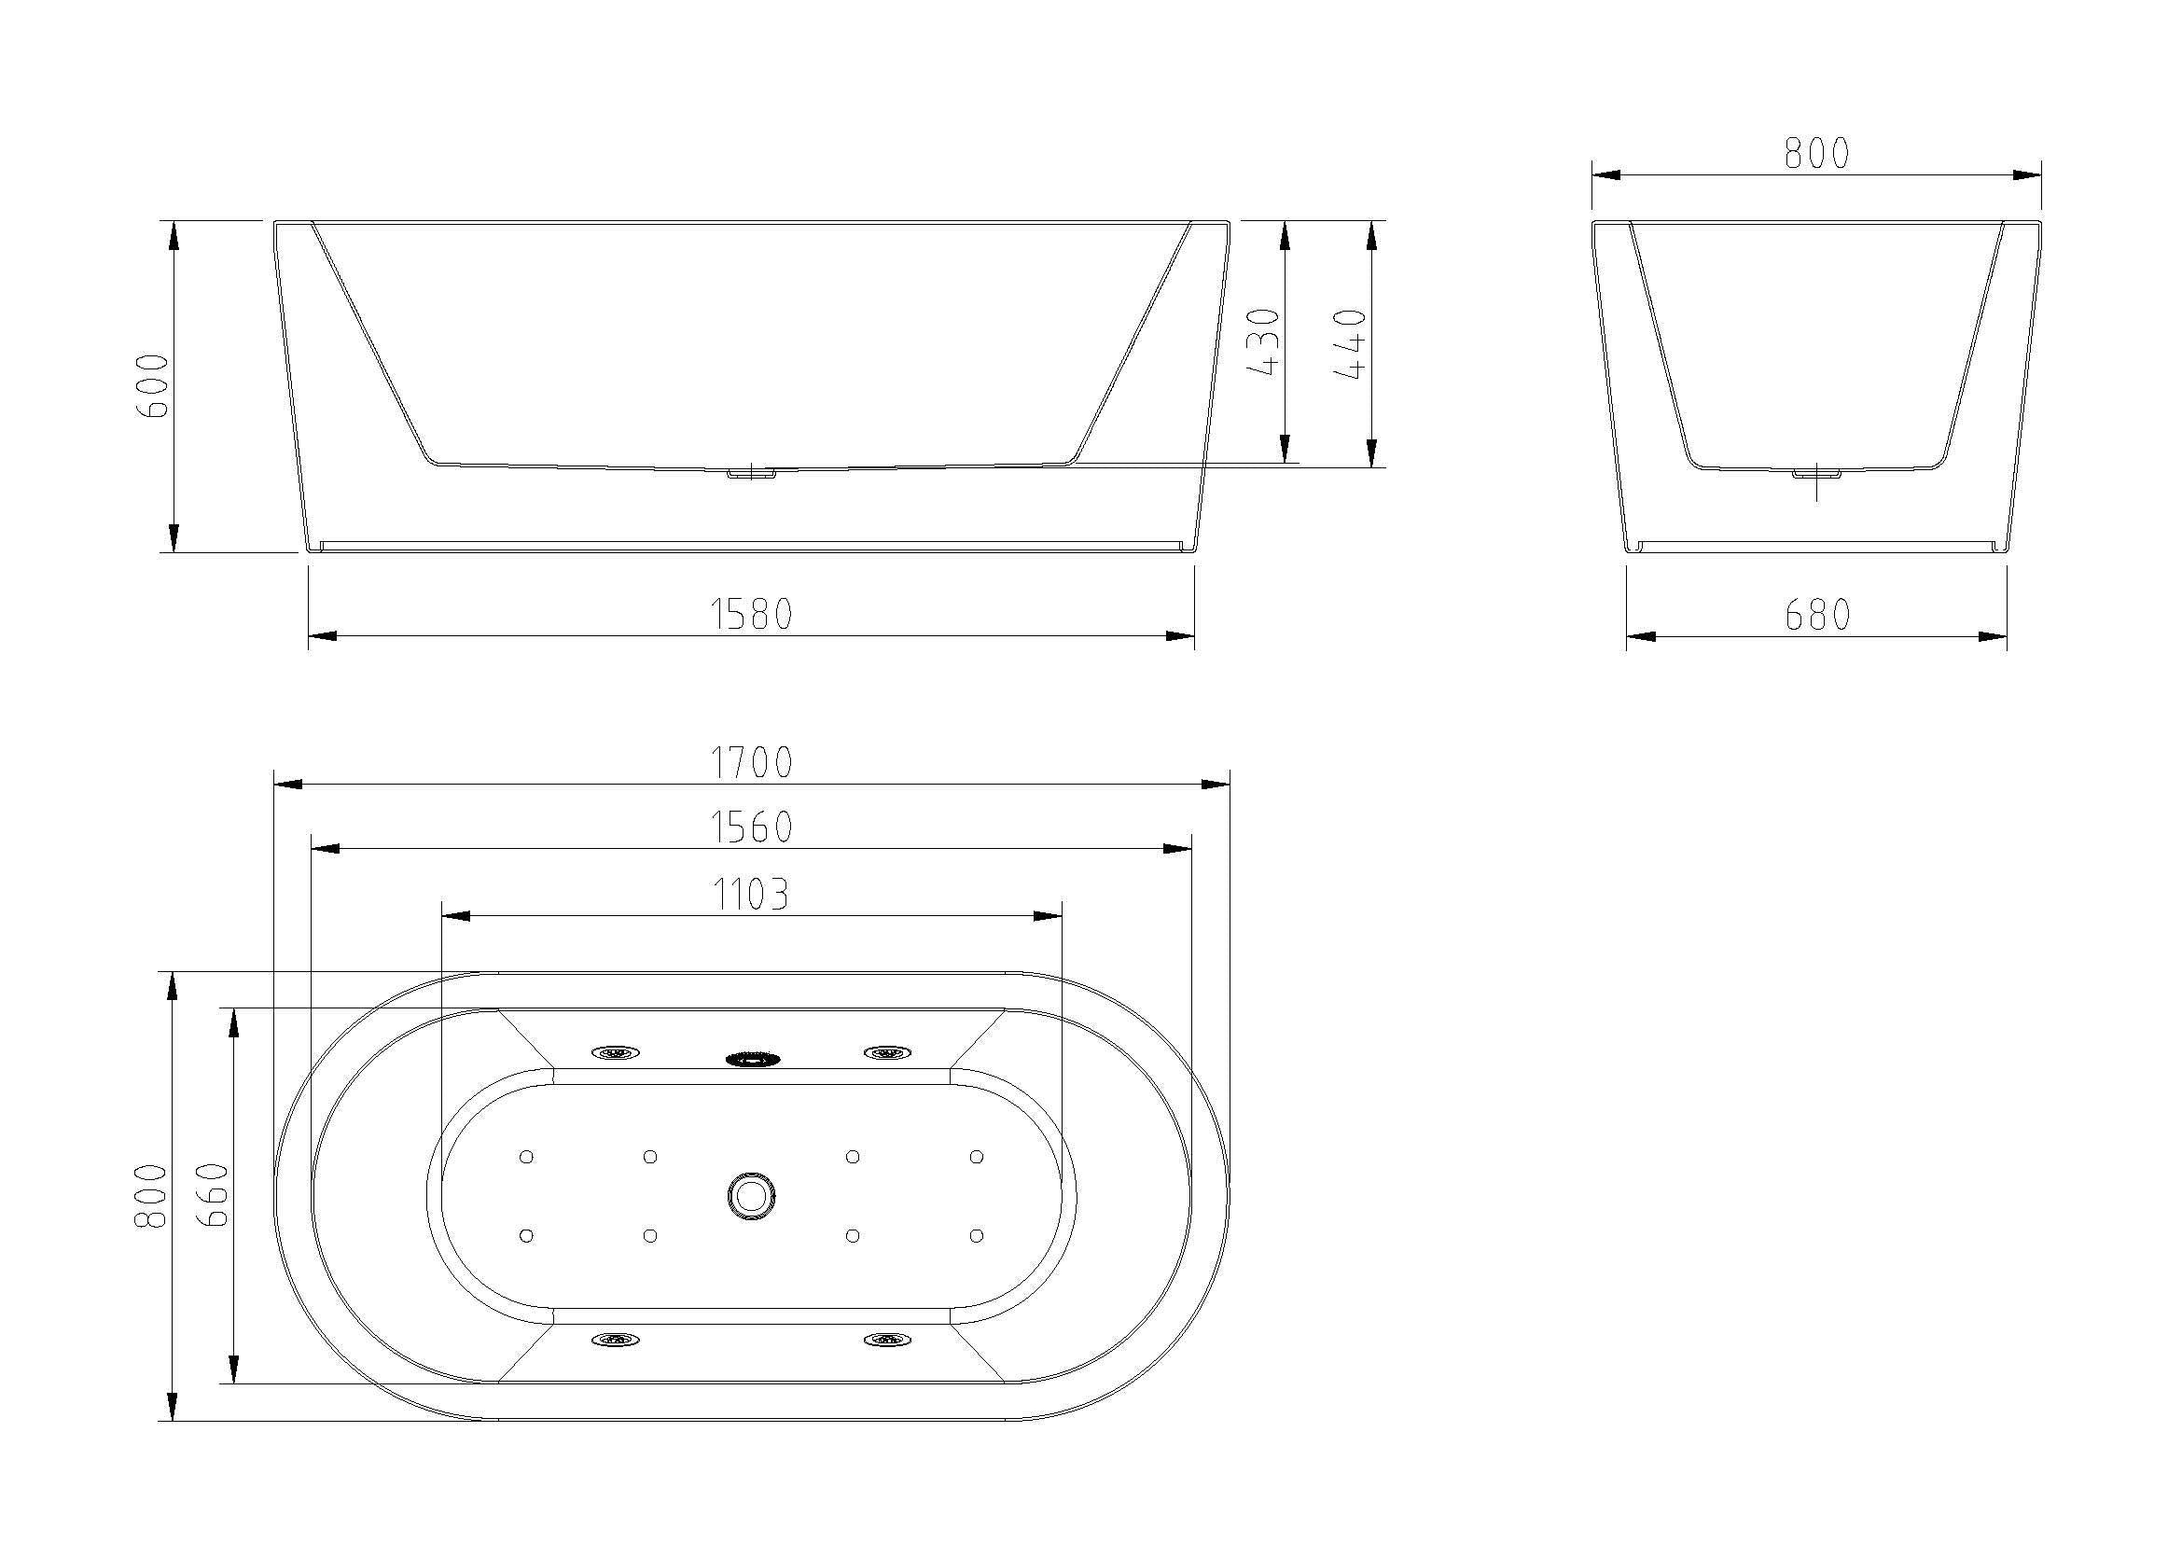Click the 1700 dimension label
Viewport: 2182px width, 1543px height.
[752, 762]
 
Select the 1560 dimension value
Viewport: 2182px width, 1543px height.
[752, 827]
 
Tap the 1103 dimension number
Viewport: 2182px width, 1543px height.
[752, 894]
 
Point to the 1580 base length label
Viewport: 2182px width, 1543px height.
[752, 615]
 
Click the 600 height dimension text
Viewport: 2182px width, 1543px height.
[153, 386]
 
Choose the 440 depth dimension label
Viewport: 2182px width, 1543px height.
[1351, 344]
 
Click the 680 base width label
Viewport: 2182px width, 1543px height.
[1817, 616]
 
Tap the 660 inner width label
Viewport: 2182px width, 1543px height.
[215, 1195]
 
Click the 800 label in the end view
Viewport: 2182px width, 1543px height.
[1817, 154]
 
